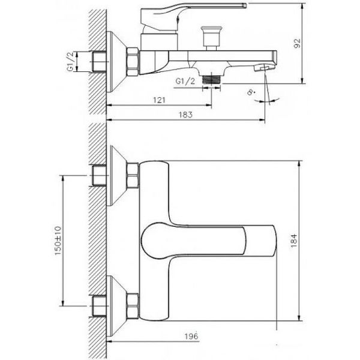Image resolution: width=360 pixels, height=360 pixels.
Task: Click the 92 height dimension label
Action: point(297,43)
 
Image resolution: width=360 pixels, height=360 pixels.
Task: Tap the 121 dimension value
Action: point(159,100)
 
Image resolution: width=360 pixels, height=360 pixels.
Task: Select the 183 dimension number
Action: point(185,115)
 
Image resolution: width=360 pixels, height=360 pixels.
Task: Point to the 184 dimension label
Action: point(294,241)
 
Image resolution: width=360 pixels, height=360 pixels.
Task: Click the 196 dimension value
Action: point(191,337)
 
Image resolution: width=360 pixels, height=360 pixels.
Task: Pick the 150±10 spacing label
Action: point(58,241)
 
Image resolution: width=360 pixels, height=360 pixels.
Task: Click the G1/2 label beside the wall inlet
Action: point(70,62)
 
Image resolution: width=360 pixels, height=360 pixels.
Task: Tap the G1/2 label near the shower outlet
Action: point(185,81)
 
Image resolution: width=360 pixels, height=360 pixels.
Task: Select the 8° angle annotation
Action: point(251,92)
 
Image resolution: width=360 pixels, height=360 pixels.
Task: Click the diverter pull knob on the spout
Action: point(211,38)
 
